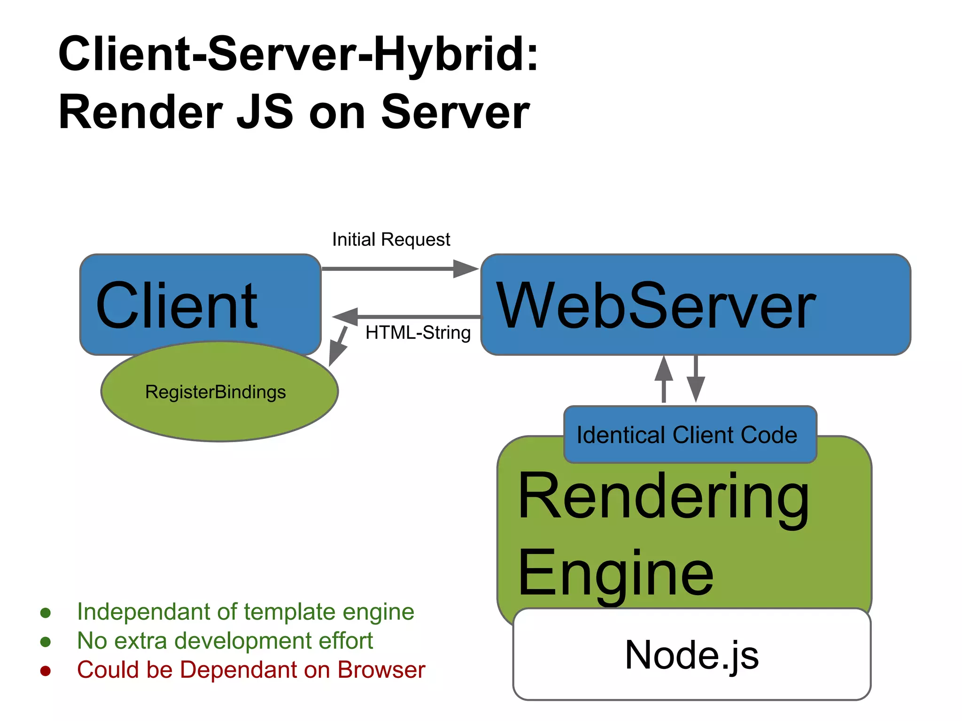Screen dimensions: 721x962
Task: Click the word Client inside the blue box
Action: point(177,306)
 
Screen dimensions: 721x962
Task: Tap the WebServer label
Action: point(656,306)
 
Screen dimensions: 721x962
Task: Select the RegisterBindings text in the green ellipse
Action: point(215,392)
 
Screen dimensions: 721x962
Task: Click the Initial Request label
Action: point(391,239)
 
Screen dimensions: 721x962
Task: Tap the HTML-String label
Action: point(418,333)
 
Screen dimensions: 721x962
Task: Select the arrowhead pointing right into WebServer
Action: point(465,269)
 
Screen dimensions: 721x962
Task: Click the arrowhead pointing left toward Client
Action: point(346,316)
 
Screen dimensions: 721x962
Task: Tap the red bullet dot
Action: point(46,671)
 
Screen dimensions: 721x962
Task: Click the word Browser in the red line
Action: point(381,670)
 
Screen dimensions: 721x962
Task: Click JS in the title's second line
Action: point(265,113)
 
